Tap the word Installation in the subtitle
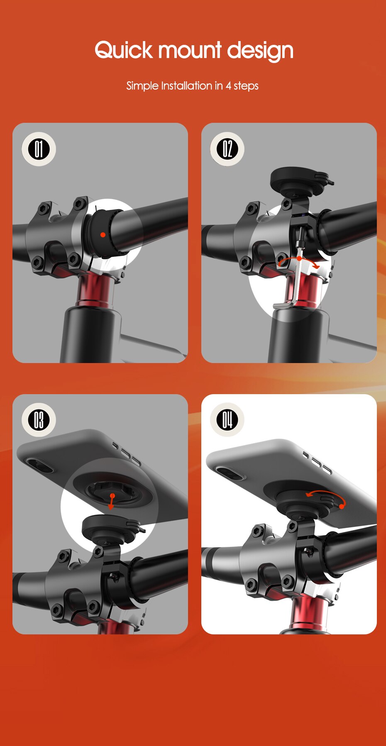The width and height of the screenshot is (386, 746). [x=186, y=86]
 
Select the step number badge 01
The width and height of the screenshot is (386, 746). [x=39, y=149]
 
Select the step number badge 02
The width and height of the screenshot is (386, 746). [x=227, y=149]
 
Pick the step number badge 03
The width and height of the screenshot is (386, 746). [x=39, y=420]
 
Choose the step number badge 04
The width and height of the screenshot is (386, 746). [x=227, y=420]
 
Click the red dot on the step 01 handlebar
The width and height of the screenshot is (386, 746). [x=103, y=235]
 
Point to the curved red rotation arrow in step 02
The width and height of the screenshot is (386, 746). [x=299, y=261]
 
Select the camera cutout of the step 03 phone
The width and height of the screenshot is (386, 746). [x=39, y=465]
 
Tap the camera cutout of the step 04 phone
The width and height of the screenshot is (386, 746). [x=229, y=473]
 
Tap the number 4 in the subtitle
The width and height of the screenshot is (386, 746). [x=228, y=86]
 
